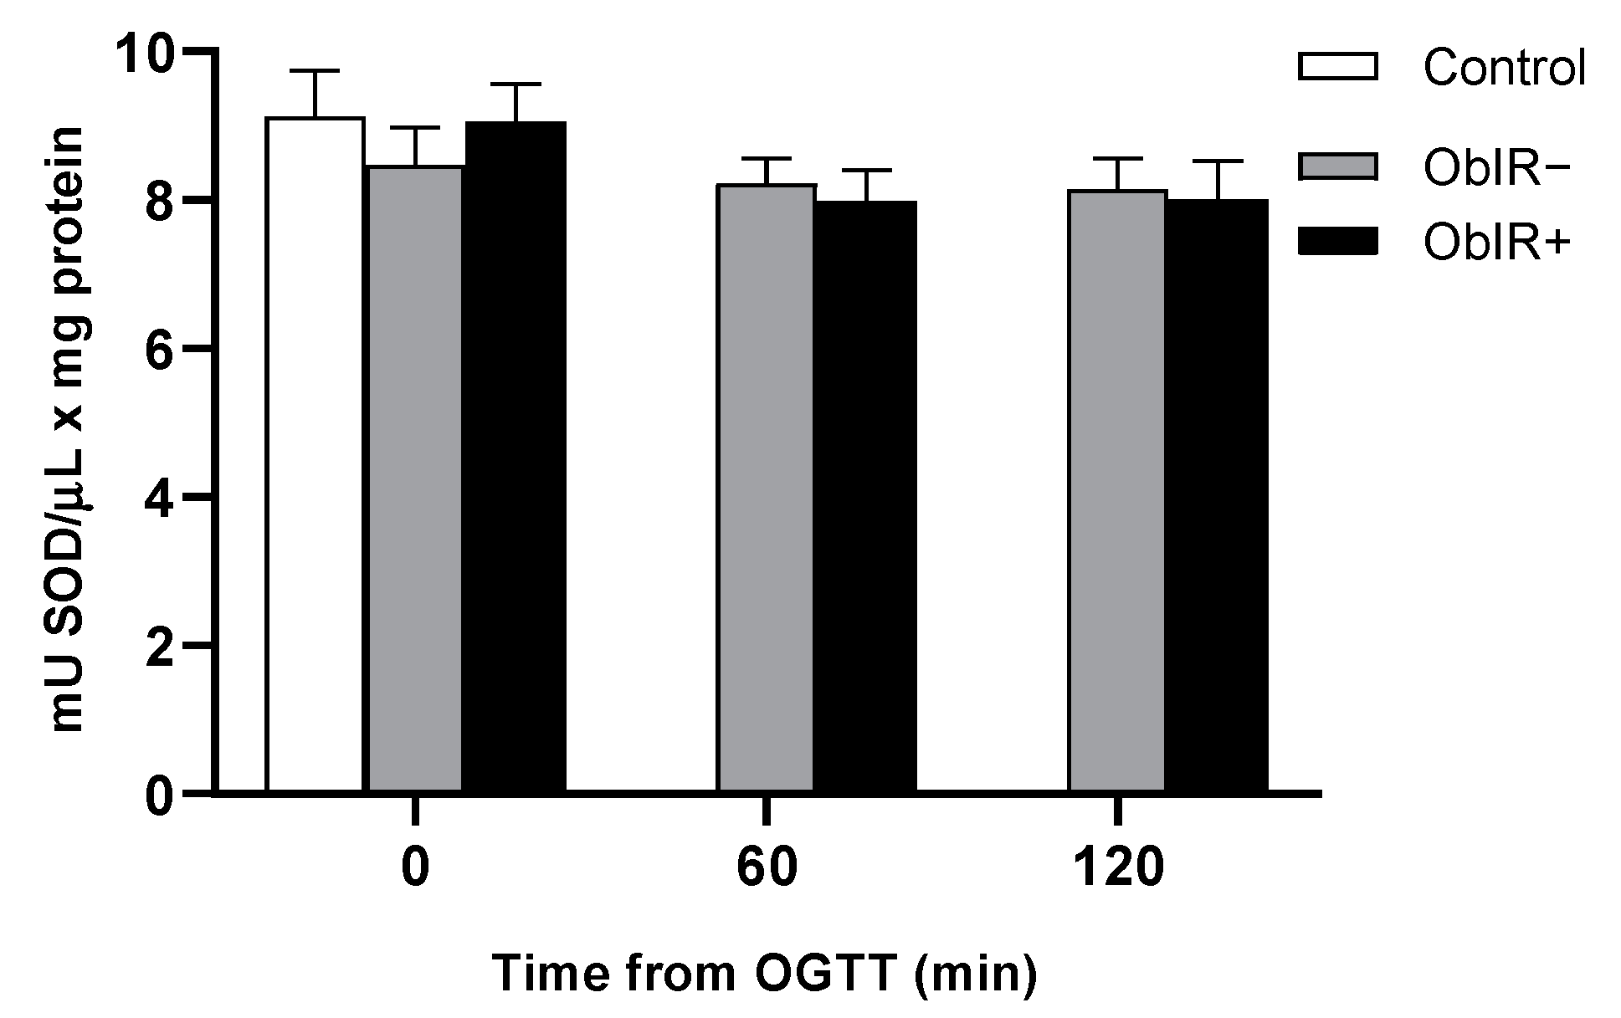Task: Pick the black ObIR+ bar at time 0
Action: click(516, 457)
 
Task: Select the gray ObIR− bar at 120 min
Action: click(1117, 491)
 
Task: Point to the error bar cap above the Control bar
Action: click(315, 72)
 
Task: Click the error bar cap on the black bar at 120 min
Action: click(1218, 161)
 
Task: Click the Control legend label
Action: click(1504, 69)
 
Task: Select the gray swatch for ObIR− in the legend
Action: click(1337, 166)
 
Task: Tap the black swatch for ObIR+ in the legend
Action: click(1337, 242)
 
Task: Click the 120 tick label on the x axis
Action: click(1117, 868)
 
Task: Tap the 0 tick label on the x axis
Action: click(415, 868)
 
